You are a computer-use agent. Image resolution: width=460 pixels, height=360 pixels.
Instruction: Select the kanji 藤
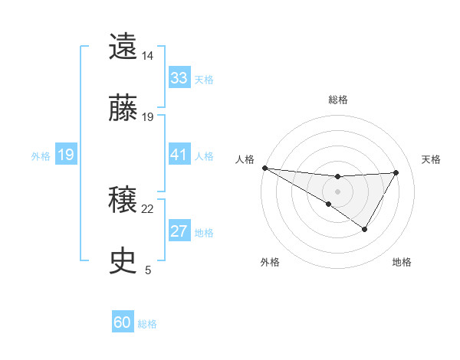point(123,108)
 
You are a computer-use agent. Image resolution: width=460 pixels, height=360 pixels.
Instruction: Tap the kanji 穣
point(123,201)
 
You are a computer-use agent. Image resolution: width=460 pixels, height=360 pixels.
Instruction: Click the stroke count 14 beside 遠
point(148,55)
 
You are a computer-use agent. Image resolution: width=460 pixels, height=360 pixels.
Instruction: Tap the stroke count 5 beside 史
point(148,270)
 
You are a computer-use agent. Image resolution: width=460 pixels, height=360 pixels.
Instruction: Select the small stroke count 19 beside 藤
point(148,116)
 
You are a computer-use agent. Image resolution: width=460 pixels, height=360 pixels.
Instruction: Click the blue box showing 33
point(179,78)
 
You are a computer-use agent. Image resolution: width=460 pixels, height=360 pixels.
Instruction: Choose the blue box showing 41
point(179,155)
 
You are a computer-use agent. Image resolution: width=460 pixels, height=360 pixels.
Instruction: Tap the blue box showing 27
point(179,232)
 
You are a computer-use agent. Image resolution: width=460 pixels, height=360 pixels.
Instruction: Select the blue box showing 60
point(123,322)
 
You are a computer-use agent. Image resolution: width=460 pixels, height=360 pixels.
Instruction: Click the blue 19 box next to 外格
point(65,155)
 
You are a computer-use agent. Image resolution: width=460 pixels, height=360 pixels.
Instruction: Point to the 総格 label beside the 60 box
point(147,324)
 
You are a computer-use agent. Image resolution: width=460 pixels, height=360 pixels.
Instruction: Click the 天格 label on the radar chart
point(432,159)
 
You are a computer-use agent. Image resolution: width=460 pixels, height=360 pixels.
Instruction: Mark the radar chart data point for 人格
point(264,168)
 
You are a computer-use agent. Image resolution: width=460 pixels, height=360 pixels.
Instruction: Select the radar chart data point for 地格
point(365,229)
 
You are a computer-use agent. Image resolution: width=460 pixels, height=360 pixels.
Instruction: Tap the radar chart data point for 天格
point(396,172)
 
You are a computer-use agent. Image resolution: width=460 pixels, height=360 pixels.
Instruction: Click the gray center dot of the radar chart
point(337,191)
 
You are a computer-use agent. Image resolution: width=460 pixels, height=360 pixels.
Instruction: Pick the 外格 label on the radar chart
point(270,262)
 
